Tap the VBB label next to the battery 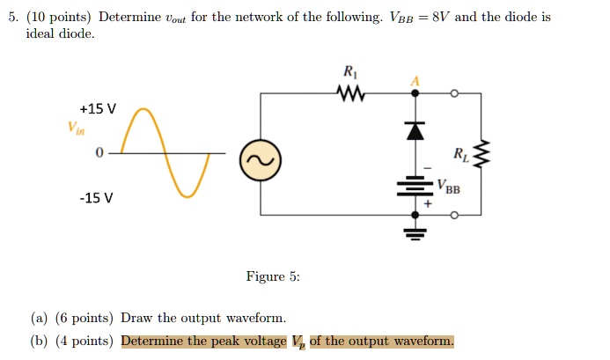pyautogui.click(x=447, y=187)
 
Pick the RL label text pyautogui.click(x=460, y=156)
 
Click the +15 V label pyautogui.click(x=97, y=109)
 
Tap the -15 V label pyautogui.click(x=96, y=197)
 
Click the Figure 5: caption pyautogui.click(x=273, y=276)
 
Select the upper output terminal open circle pyautogui.click(x=453, y=92)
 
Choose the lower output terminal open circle pyautogui.click(x=453, y=215)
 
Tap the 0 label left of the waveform pyautogui.click(x=99, y=153)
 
